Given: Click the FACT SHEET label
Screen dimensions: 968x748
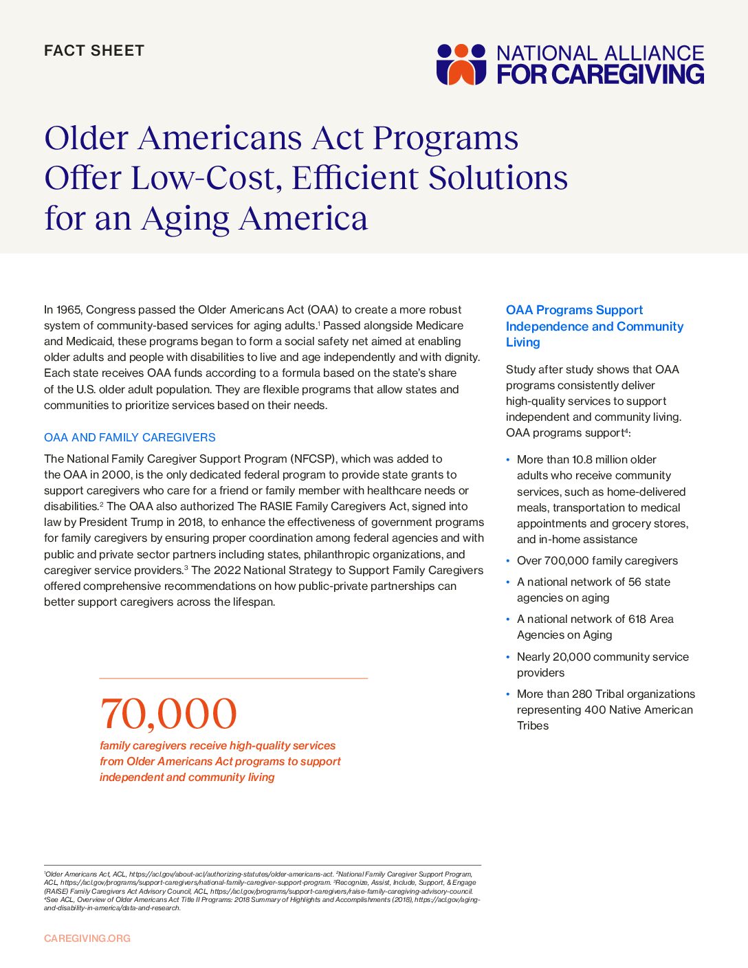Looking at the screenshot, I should click(94, 51).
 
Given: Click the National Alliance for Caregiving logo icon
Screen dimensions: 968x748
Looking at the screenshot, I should click(461, 64).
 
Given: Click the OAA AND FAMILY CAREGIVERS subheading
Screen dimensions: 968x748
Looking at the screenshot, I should click(130, 437).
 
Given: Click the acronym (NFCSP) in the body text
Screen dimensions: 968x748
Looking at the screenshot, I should click(313, 459).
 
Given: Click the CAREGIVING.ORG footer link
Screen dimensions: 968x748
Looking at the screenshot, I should click(87, 938).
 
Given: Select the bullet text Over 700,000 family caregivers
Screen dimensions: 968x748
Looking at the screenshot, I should click(597, 561).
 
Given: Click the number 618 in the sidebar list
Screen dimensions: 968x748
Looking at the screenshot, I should click(637, 619).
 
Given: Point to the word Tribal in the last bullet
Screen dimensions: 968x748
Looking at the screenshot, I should click(612, 694).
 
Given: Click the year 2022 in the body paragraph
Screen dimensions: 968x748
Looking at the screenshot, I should click(229, 570).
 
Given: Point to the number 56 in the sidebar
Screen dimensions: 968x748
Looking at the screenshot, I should click(635, 582).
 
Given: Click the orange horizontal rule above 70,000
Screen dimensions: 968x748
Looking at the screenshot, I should click(234, 679).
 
